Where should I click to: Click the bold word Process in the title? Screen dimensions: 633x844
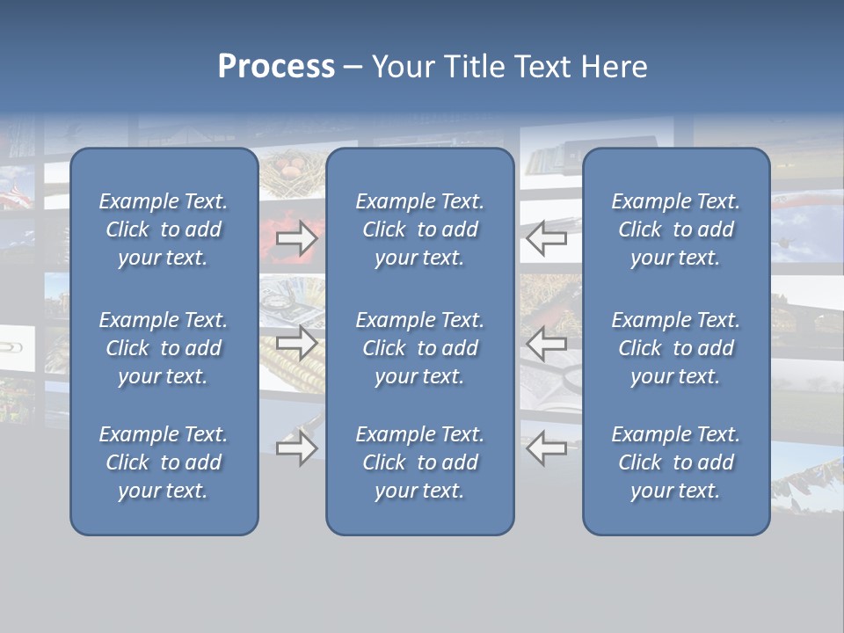(x=276, y=67)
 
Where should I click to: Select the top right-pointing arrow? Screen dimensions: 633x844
(x=296, y=238)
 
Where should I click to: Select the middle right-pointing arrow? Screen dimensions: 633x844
(x=296, y=343)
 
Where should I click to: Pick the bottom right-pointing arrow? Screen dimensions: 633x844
(x=296, y=448)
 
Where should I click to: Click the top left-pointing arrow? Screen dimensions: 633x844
(x=547, y=238)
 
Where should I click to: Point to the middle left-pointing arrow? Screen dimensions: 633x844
(x=547, y=343)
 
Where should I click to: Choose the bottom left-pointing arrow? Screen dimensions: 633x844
(x=547, y=448)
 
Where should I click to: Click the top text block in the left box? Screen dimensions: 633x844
(x=164, y=229)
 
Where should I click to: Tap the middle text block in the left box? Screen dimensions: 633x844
(x=164, y=348)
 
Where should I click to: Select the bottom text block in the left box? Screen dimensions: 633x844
(x=164, y=462)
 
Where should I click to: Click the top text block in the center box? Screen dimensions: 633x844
(x=420, y=229)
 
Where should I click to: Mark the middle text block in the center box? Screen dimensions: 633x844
(x=420, y=348)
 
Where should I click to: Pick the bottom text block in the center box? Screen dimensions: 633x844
(x=420, y=462)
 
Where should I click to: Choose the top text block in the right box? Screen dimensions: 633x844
(x=676, y=229)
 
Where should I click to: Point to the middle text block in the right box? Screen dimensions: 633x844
(x=676, y=348)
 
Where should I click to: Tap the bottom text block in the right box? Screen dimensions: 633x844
(x=676, y=462)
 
